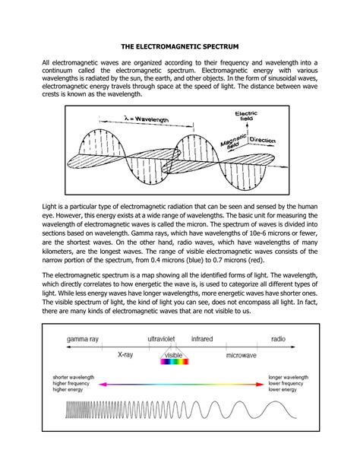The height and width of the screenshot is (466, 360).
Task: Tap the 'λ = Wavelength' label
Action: click(x=143, y=119)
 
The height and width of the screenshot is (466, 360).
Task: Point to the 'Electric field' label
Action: click(x=245, y=118)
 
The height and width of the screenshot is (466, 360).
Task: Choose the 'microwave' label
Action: click(x=245, y=354)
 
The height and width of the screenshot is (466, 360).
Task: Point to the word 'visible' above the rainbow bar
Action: click(x=174, y=354)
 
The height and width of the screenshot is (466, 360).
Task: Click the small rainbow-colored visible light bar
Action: click(x=174, y=365)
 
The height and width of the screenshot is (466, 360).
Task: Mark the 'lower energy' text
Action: click(x=284, y=392)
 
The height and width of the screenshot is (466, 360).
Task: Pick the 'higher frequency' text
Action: click(x=73, y=385)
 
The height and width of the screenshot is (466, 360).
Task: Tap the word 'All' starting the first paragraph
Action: click(x=47, y=62)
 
